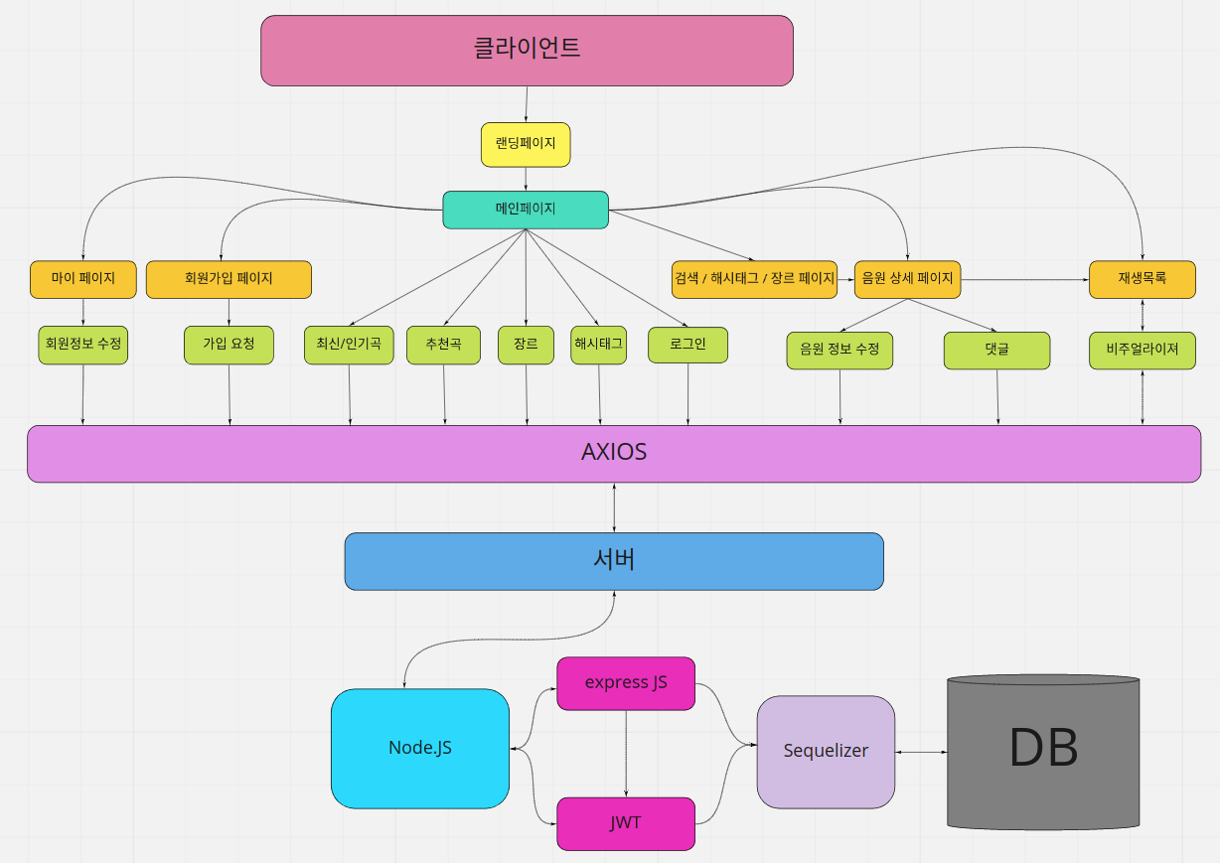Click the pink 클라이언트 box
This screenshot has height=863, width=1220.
(x=527, y=50)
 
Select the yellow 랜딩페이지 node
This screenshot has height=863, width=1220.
(x=526, y=144)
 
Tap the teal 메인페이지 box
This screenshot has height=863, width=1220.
(x=526, y=210)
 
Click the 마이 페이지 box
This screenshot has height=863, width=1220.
(x=83, y=279)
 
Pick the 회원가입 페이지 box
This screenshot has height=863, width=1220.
(x=229, y=279)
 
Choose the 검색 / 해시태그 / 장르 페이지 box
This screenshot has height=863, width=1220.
(x=754, y=279)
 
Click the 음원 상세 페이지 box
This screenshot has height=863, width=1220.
(x=908, y=279)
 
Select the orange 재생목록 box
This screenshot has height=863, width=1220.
(x=1142, y=279)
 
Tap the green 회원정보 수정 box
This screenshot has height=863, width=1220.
(x=83, y=345)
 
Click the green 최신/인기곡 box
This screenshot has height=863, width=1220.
(x=349, y=345)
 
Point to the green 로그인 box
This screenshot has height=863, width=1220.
(x=688, y=345)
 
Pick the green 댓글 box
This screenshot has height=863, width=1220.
(x=996, y=351)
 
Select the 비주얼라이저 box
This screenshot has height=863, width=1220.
(x=1142, y=351)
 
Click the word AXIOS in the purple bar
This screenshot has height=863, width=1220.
(x=614, y=453)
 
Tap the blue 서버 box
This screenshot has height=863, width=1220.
(x=614, y=561)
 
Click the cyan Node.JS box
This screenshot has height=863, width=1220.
(x=420, y=748)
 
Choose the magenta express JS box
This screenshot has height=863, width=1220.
(x=626, y=683)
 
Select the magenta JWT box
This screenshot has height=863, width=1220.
(x=626, y=823)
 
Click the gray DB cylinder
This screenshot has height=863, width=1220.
(x=1043, y=751)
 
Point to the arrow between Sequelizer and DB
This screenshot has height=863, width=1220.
(x=921, y=752)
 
